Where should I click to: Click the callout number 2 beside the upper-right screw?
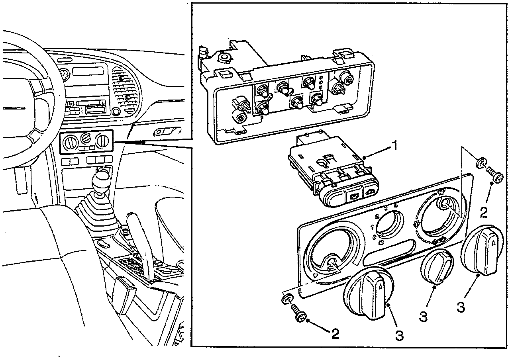point(483,212)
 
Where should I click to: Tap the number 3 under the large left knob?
point(400,335)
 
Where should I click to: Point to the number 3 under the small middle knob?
point(423,317)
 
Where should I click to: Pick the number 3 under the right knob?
point(461,307)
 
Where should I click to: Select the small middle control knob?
point(437,267)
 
